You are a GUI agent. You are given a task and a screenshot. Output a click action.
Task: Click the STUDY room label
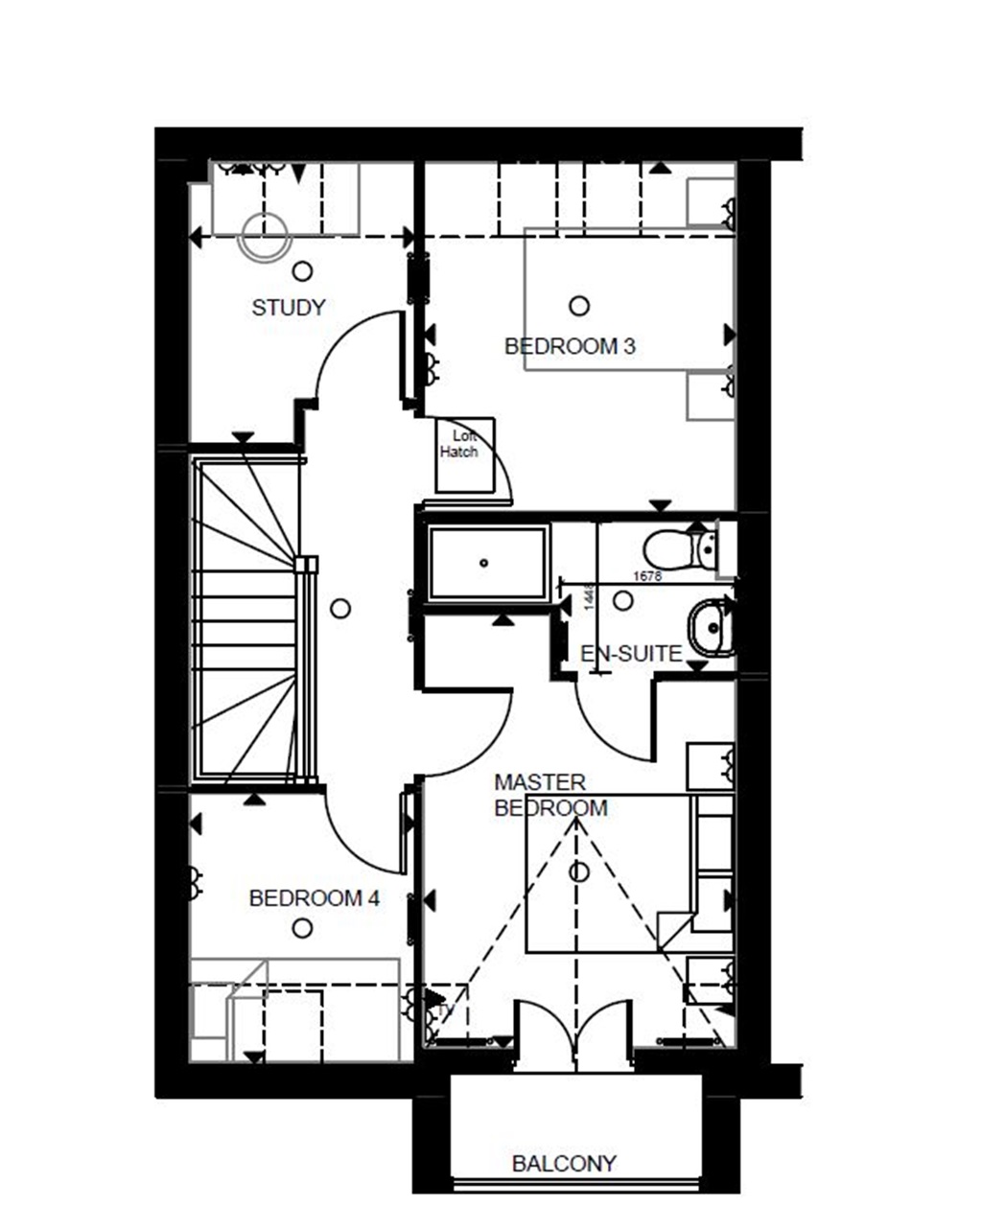pos(289,308)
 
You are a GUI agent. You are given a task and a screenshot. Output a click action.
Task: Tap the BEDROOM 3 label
pos(570,346)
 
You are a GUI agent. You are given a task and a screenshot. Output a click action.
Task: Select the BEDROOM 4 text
pos(314,899)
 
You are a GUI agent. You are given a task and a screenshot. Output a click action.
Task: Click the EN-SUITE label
pos(631,655)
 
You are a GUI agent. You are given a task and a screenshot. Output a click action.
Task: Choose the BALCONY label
pos(564,1164)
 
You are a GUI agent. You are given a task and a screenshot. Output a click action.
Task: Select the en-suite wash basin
pos(711,628)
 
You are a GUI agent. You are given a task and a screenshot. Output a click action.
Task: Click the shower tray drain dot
pos(484,564)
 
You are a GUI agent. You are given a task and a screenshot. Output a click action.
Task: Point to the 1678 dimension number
pos(648,576)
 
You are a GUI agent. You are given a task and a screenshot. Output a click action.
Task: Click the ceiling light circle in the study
pos(302,271)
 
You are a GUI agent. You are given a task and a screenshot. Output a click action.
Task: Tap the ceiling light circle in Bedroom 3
pos(579,306)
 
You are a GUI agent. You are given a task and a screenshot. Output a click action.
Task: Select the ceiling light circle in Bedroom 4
pos(302,928)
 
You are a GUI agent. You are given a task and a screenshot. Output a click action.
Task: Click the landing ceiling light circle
pos(339,608)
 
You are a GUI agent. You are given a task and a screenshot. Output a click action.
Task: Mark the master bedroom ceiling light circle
pos(578,872)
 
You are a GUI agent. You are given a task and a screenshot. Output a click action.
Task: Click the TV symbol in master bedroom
pos(443,1010)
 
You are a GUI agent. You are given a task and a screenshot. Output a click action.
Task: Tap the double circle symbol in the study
pos(264,235)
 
